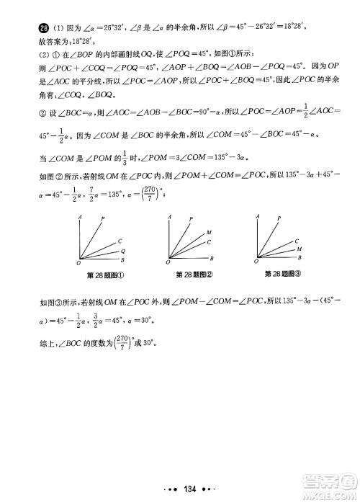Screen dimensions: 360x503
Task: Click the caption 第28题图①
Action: pos(106,275)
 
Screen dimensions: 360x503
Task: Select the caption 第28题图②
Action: pos(196,275)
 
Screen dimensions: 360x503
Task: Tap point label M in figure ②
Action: pos(209,232)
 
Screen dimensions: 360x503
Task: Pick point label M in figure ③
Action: pos(299,247)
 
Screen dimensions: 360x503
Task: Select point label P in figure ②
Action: pos(191,218)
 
